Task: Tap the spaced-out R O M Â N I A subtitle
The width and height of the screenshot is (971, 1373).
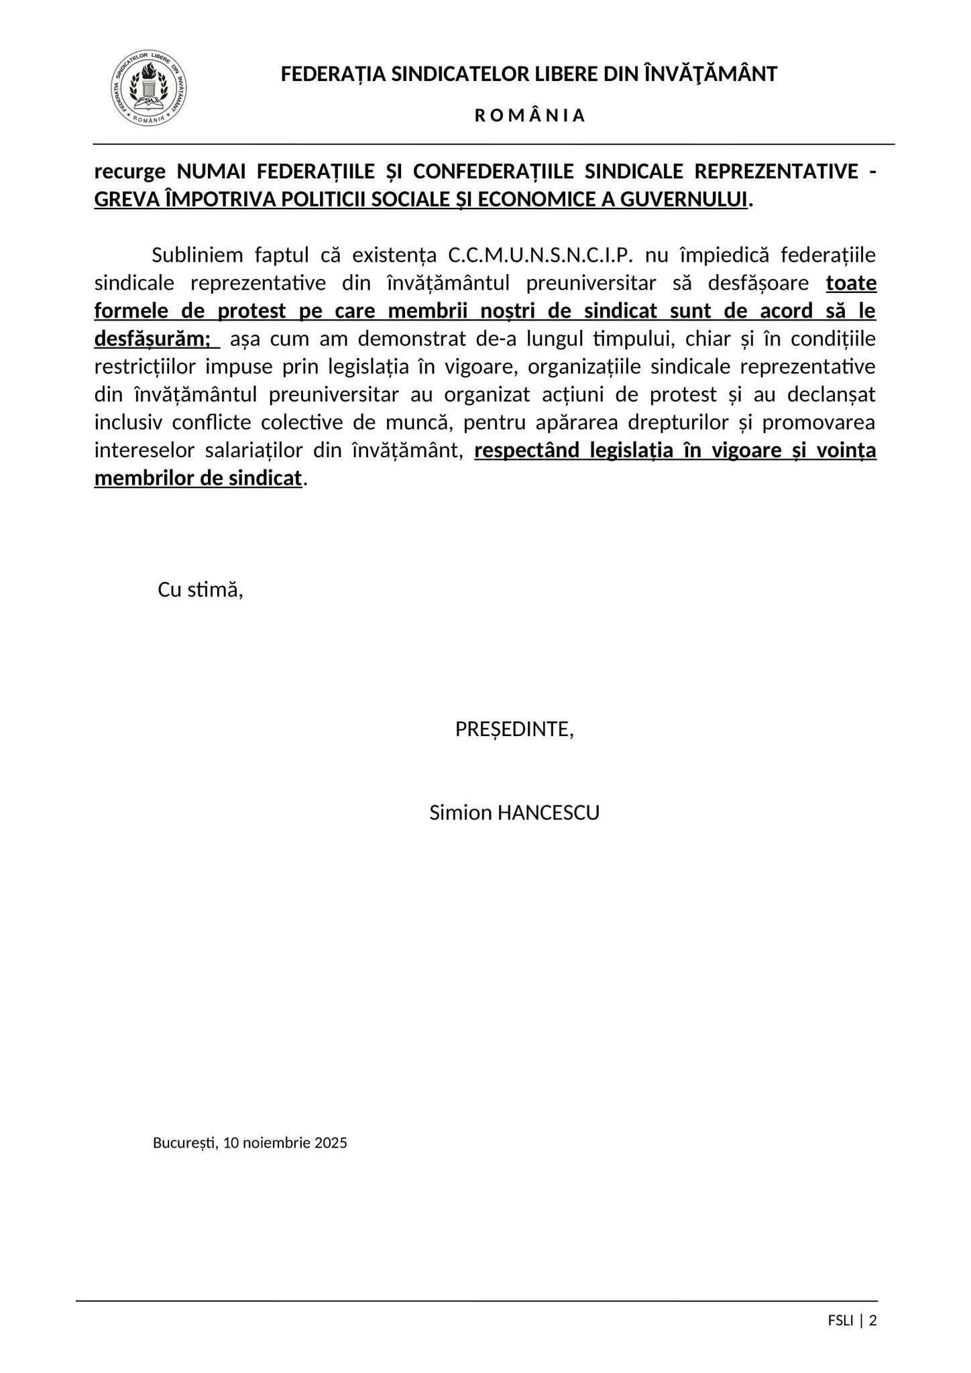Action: (530, 116)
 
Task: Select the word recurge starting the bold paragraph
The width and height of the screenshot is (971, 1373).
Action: (129, 172)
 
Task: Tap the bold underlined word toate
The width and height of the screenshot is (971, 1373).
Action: (851, 283)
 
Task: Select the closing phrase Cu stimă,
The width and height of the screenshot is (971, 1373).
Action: (200, 590)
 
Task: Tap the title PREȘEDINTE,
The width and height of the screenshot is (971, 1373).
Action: (514, 729)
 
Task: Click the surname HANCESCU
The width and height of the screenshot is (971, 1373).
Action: (547, 813)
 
